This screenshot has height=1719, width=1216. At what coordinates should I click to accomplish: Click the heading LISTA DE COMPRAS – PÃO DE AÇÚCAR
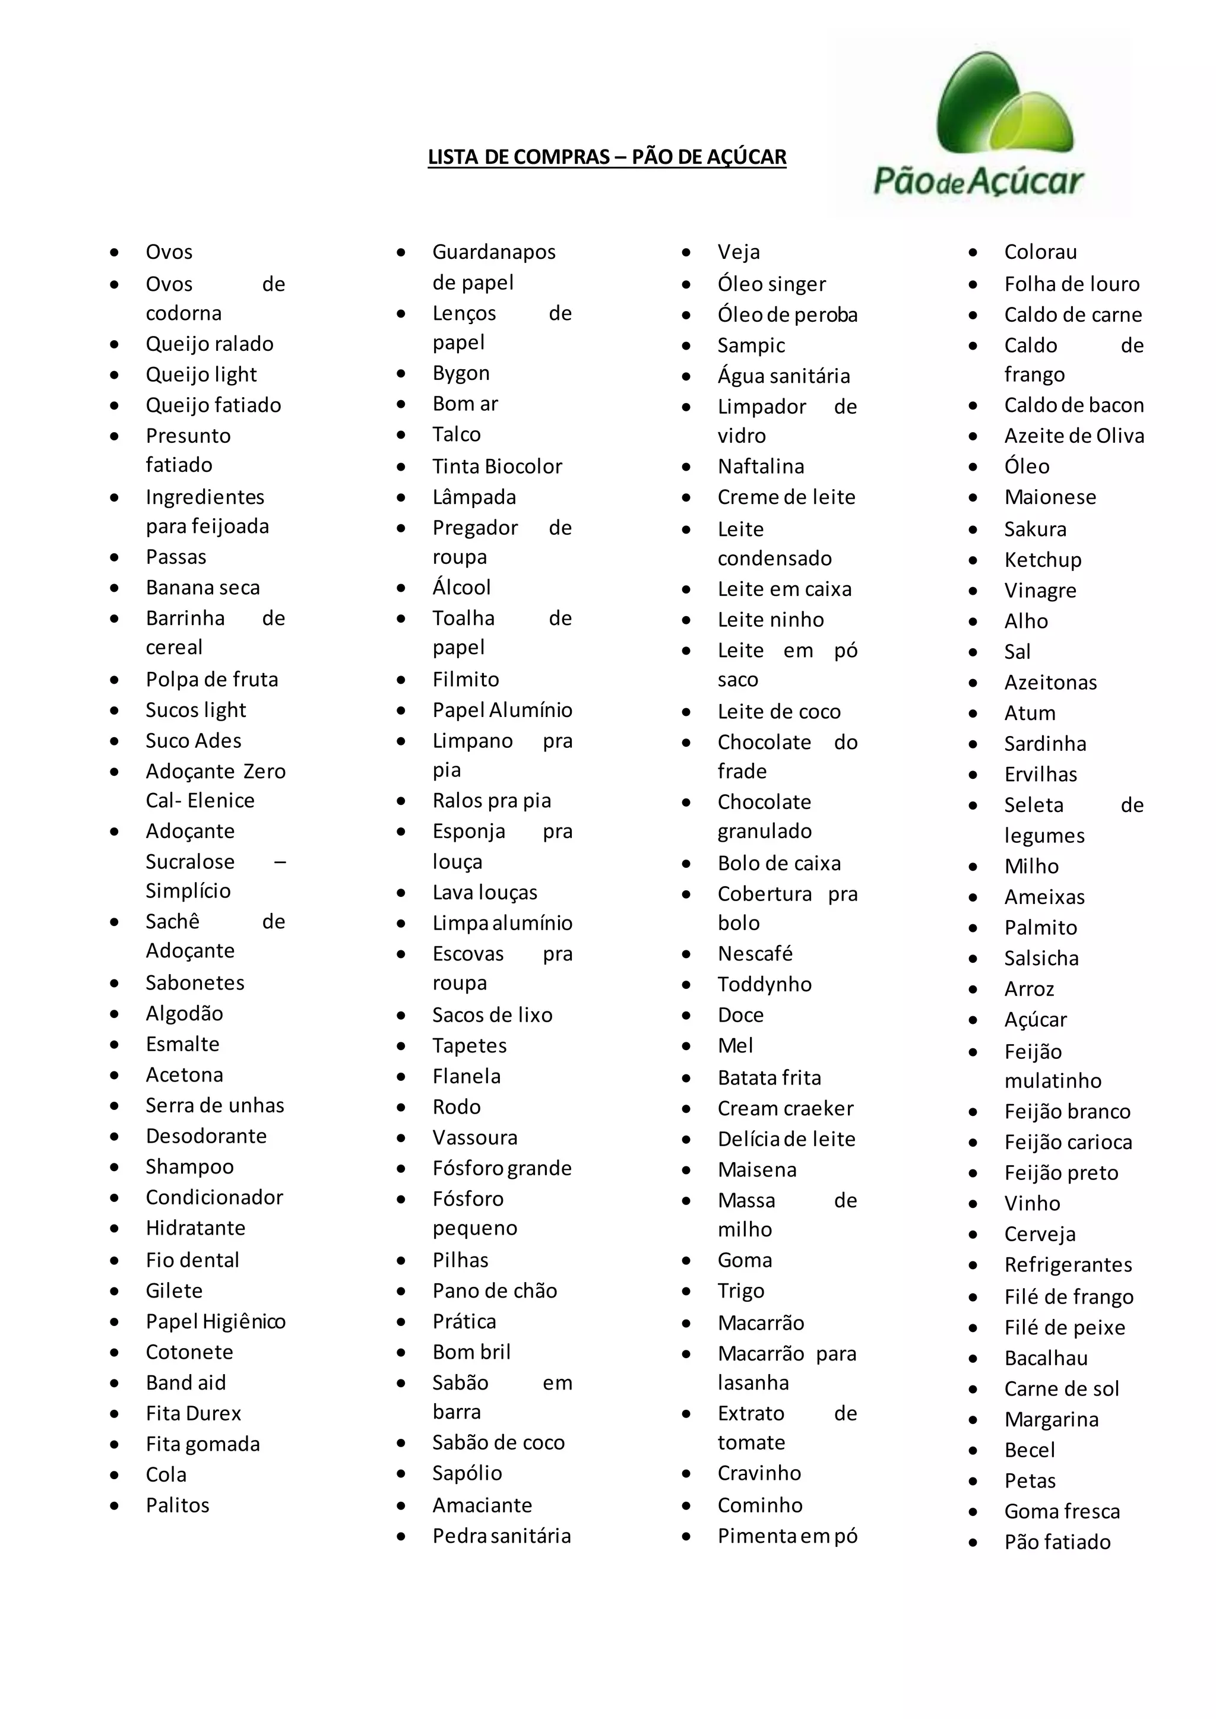606,157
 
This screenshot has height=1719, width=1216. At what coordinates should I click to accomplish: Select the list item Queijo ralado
210,344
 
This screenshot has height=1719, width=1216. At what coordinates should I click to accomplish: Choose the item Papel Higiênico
216,1321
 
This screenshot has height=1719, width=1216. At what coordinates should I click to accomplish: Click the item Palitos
178,1506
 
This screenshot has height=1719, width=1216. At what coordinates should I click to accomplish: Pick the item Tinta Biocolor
497,467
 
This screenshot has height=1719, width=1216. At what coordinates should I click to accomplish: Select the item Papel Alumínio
502,710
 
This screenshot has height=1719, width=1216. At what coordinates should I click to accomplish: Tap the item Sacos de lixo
493,1015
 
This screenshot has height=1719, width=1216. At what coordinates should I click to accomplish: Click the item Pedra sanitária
502,1536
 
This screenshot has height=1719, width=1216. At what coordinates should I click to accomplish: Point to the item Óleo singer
772,284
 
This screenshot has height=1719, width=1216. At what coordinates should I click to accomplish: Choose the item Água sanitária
784,376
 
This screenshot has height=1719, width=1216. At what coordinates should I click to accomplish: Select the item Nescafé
755,954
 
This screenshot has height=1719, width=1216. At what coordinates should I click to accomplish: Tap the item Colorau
1041,252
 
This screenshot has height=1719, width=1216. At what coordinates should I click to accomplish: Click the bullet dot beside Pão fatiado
973,1542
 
